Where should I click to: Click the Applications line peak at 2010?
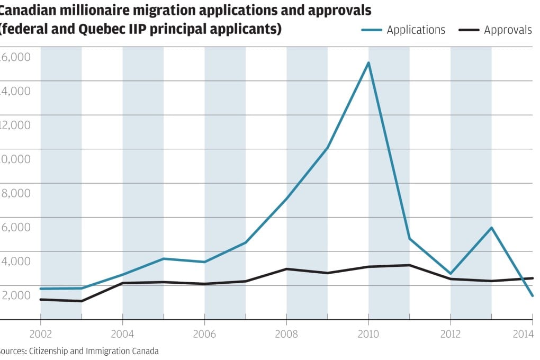click(368, 62)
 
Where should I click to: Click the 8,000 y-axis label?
click(15, 193)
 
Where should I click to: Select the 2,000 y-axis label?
click(15, 295)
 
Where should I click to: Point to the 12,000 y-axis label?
click(15, 125)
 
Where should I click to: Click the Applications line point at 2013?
click(492, 228)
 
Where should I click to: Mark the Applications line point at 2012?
click(451, 274)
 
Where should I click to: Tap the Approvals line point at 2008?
click(286, 269)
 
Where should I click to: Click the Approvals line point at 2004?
click(122, 283)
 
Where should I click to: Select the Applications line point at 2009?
click(328, 148)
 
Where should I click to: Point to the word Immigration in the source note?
click(100, 351)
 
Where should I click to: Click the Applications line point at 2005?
click(164, 258)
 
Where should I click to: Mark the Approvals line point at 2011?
click(410, 265)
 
